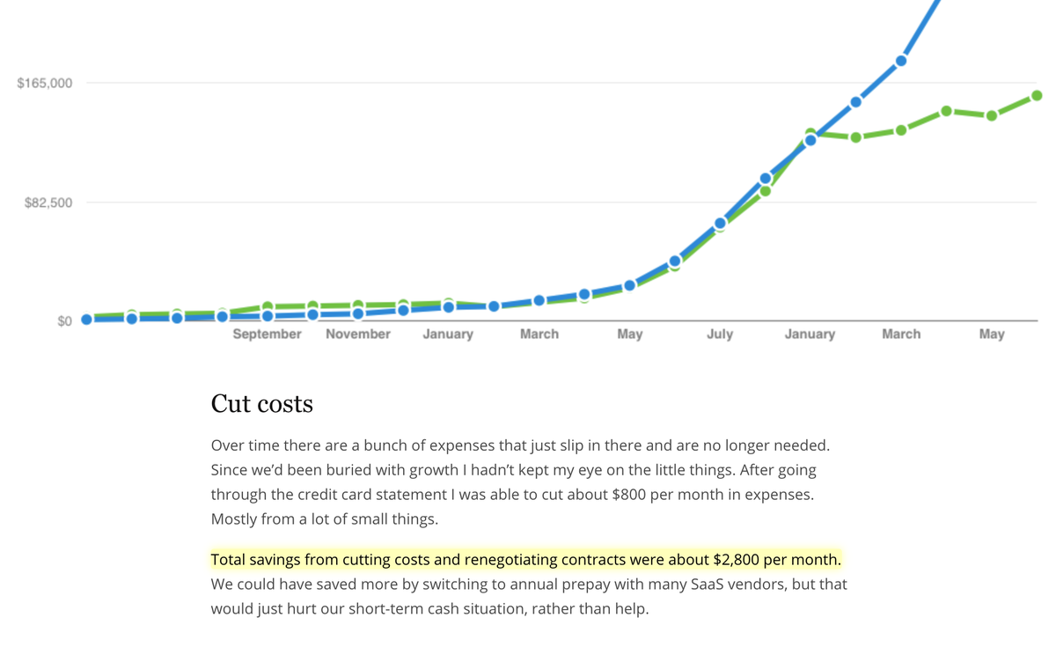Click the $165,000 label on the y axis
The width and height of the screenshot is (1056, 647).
click(44, 84)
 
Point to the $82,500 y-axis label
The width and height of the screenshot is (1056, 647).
click(48, 202)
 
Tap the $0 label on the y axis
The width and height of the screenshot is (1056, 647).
click(64, 321)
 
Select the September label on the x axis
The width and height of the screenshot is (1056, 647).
click(267, 335)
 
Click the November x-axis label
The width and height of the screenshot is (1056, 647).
click(358, 335)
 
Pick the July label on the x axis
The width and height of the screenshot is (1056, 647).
click(720, 335)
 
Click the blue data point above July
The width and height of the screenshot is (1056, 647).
click(720, 224)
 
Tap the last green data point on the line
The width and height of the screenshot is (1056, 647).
click(1037, 96)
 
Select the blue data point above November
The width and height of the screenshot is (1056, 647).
click(358, 313)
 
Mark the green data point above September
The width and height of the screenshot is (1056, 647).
click(268, 306)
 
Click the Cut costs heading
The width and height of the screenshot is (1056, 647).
click(261, 404)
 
